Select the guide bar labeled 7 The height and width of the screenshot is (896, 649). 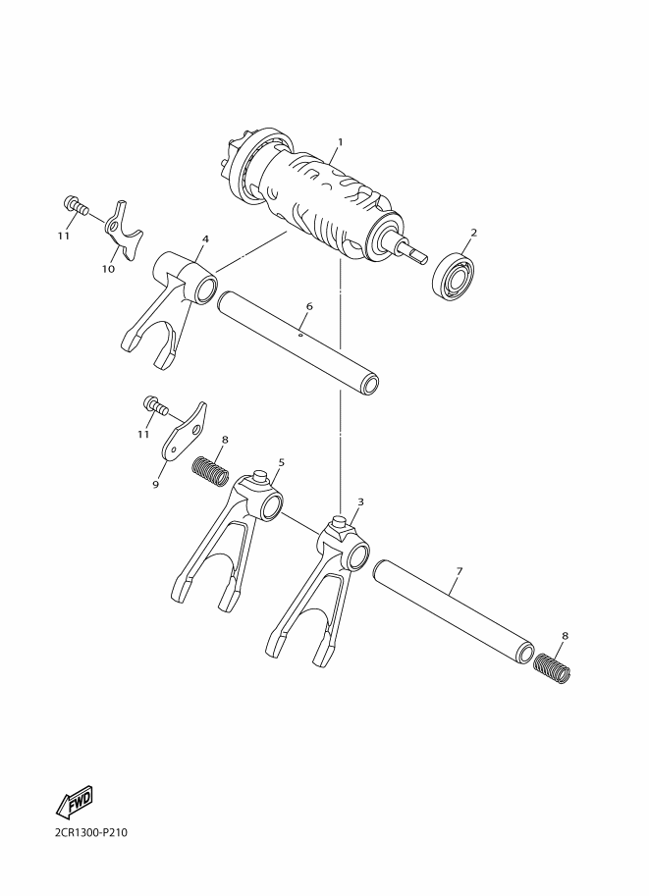coord(454,611)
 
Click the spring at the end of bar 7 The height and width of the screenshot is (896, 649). coord(551,668)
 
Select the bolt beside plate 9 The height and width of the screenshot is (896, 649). coord(154,405)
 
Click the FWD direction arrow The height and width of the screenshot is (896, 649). coord(75,802)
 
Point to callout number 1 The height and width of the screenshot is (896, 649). coord(341,141)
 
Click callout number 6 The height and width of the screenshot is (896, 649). coord(309,306)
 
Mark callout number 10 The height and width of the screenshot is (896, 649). coord(108,269)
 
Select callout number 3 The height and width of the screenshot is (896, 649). coord(360,501)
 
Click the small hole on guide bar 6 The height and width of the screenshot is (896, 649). coord(300,336)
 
